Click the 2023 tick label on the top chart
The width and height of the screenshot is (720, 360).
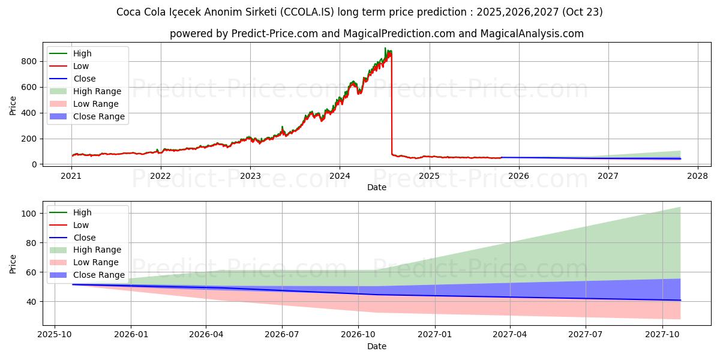tap(250, 176)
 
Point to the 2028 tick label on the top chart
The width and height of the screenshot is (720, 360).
tap(698, 176)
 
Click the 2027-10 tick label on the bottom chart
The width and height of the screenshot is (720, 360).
tap(662, 335)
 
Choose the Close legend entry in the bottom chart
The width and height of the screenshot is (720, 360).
tap(85, 238)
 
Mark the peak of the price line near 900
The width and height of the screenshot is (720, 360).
tap(385, 48)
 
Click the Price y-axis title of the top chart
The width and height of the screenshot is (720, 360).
tap(13, 106)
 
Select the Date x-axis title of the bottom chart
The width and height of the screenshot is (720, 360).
tap(376, 346)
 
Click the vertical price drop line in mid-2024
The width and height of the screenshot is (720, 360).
tap(392, 102)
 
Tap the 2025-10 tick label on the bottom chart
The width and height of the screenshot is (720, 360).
tap(55, 335)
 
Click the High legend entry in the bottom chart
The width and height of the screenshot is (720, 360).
tap(82, 212)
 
